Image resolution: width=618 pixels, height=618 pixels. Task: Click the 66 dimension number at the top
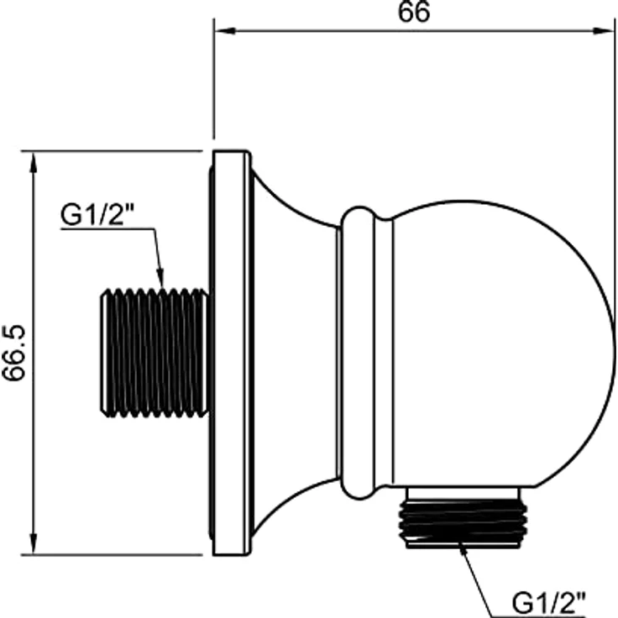click(x=413, y=13)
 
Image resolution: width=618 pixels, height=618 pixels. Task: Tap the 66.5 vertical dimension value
click(x=14, y=353)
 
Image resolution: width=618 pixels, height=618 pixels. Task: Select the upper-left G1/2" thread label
click(x=97, y=215)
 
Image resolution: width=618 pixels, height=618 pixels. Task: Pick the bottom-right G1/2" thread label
click(x=548, y=602)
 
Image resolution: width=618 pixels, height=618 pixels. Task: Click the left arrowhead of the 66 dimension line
click(x=225, y=31)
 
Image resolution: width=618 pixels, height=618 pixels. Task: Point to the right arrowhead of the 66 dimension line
click(x=604, y=31)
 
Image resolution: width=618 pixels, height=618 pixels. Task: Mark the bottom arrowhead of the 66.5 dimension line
click(x=34, y=543)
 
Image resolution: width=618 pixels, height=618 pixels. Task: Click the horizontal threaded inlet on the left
click(x=154, y=353)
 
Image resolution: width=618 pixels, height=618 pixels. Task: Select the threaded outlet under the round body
click(x=463, y=523)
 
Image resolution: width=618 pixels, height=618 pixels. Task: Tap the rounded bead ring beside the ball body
click(x=358, y=353)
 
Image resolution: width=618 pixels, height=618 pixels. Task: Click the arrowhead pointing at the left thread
click(x=160, y=278)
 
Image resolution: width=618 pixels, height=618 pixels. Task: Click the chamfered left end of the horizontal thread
click(x=103, y=353)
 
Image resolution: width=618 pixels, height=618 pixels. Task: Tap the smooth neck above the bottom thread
click(x=463, y=493)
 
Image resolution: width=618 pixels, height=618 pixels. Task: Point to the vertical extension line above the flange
click(x=213, y=79)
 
